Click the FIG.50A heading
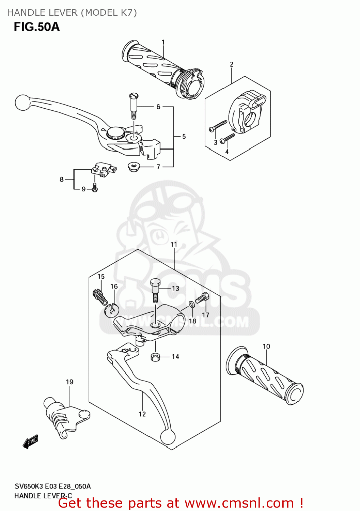[37, 27]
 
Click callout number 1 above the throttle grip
[163, 42]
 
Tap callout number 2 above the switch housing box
[232, 64]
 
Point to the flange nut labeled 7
[132, 167]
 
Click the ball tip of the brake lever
[22, 103]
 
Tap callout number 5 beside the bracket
[184, 137]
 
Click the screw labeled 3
[218, 125]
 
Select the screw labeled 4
[228, 138]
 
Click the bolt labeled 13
[155, 290]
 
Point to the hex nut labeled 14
[155, 357]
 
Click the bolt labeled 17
[202, 298]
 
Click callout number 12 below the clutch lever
[142, 414]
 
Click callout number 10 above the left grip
[266, 346]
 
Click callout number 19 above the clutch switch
[69, 382]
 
